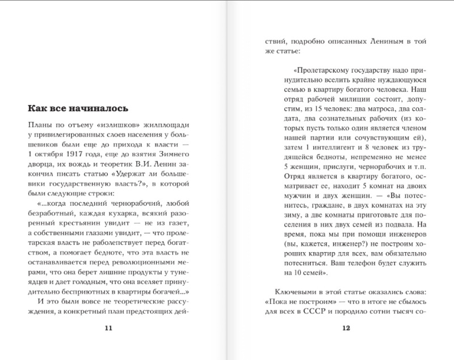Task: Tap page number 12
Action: pyautogui.click(x=344, y=328)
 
